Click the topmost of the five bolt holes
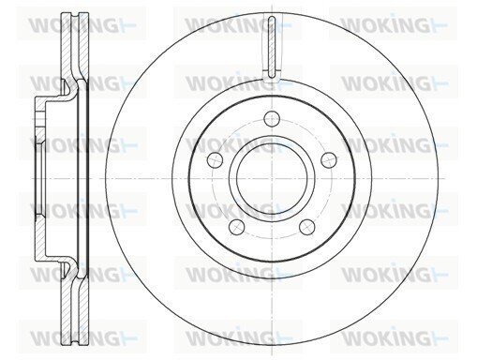coord(272,118)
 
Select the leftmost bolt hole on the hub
coord(216,159)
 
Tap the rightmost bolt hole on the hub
coord(329,159)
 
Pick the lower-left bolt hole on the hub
coord(237,227)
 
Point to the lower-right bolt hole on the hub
coord(306,227)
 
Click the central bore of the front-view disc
coord(272,178)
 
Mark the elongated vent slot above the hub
coord(272,47)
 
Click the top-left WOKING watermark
coord(82,24)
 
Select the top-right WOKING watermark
coord(394,24)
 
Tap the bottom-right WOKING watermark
coord(395,337)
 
